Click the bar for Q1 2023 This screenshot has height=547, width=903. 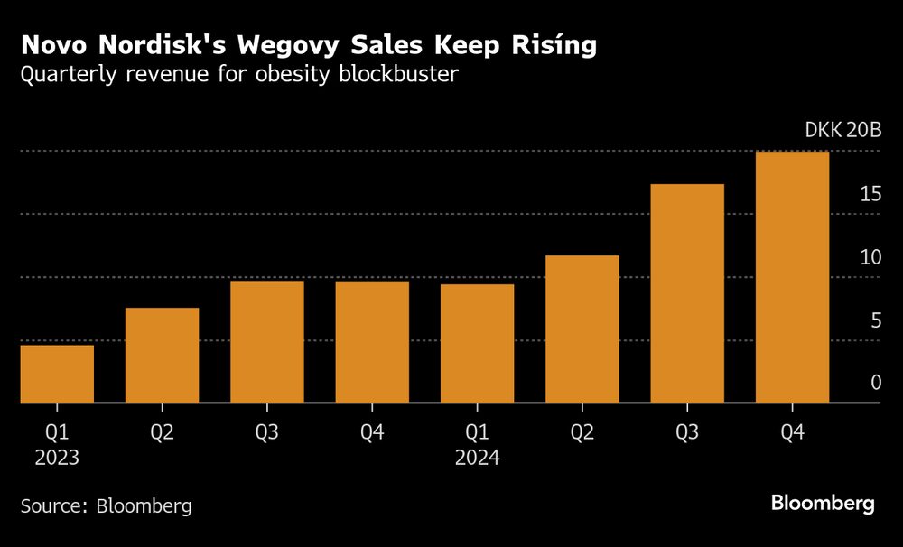[57, 374]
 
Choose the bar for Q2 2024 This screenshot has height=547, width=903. [582, 329]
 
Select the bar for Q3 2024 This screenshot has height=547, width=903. [687, 293]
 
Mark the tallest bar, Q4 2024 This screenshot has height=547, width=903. [792, 277]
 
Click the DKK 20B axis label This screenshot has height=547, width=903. [842, 130]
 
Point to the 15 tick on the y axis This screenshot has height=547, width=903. [870, 194]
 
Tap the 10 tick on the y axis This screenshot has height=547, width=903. [870, 257]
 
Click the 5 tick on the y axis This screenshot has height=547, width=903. [875, 320]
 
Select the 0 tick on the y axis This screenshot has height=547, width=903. [875, 383]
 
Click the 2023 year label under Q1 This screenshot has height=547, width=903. [57, 458]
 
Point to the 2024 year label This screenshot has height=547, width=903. [477, 458]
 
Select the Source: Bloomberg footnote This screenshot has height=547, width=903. [107, 505]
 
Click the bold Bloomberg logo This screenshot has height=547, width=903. [823, 504]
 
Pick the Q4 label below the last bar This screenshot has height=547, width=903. [792, 433]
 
